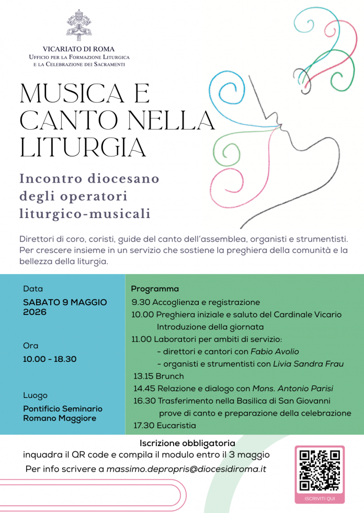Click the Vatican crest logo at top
pos(79,25)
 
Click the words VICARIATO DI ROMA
pos(79,49)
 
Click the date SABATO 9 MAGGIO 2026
pos(65,307)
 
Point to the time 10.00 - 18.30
pos(50,359)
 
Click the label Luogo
pos(35,395)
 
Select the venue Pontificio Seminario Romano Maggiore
pos(63,413)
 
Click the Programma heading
pos(155,289)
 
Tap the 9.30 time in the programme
pos(140,302)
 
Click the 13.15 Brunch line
pos(158,376)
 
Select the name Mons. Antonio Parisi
pos(292,389)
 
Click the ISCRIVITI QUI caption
pos(320,498)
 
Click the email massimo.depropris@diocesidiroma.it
pos(186,469)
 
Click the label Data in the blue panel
pos(33,289)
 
